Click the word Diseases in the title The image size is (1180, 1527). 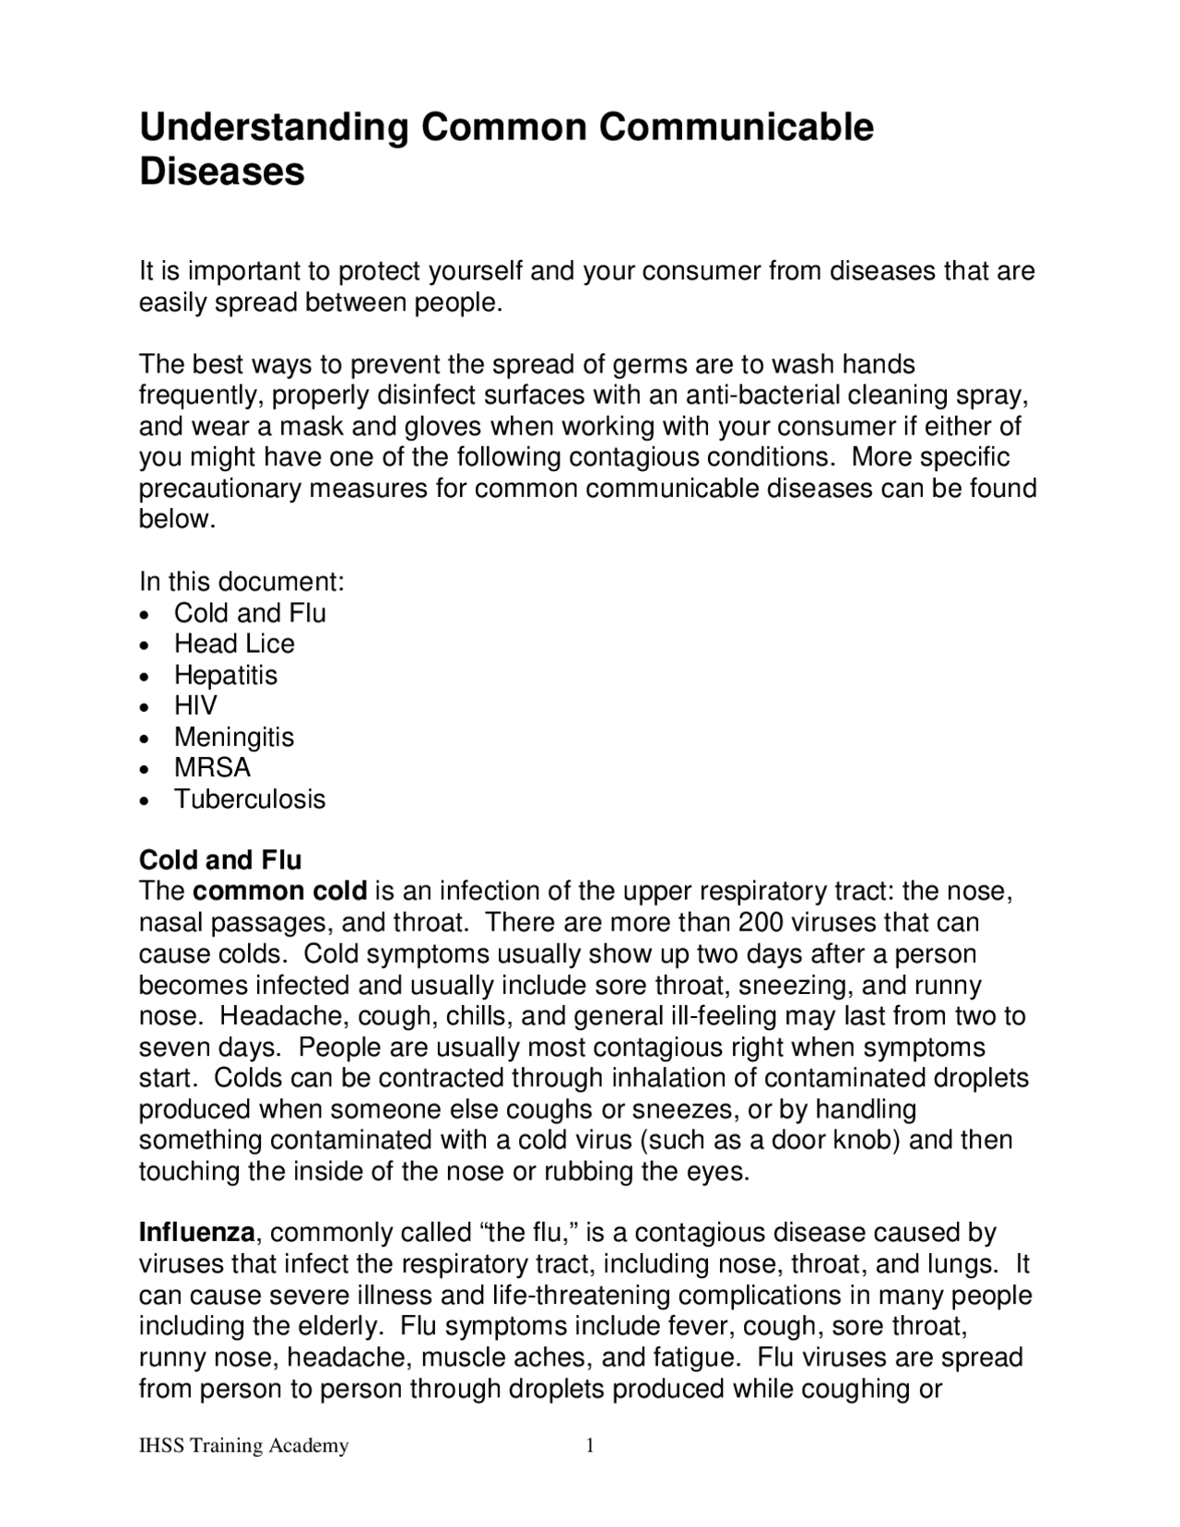pyautogui.click(x=221, y=172)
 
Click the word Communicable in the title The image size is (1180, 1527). pyautogui.click(x=736, y=126)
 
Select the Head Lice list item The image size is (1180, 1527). pyautogui.click(x=234, y=644)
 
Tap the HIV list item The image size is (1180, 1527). pyautogui.click(x=195, y=705)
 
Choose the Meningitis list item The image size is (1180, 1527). pyautogui.click(x=234, y=737)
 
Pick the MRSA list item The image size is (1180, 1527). pyautogui.click(x=212, y=767)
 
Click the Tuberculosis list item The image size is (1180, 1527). pyautogui.click(x=250, y=799)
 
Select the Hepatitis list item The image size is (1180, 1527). pyautogui.click(x=225, y=675)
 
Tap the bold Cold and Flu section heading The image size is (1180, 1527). pyautogui.click(x=219, y=860)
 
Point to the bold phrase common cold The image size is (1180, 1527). pyautogui.click(x=280, y=892)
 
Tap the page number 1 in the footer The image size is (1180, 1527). pyautogui.click(x=590, y=1446)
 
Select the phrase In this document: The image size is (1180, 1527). pyautogui.click(x=242, y=582)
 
